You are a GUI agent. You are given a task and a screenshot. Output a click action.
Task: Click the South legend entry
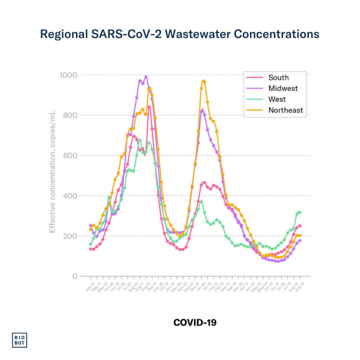(x=278, y=78)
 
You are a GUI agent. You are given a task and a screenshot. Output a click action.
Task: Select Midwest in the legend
(x=283, y=88)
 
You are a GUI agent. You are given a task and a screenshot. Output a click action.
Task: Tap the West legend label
(x=277, y=99)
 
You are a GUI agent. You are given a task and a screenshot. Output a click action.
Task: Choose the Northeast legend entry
(x=285, y=110)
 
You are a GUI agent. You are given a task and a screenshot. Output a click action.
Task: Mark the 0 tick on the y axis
(x=74, y=276)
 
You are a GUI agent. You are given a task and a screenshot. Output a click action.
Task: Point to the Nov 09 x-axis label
(x=178, y=287)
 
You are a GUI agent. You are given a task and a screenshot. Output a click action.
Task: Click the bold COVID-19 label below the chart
(x=195, y=322)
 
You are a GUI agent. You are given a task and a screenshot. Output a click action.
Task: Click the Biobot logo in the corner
(x=20, y=340)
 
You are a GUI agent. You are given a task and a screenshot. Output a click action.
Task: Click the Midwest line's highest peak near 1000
(x=146, y=77)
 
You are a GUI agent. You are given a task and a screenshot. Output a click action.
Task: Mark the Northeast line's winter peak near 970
(x=203, y=81)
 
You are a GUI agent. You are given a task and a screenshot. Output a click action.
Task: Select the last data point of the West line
(x=300, y=213)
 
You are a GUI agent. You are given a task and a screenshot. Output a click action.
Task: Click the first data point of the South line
(x=90, y=249)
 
